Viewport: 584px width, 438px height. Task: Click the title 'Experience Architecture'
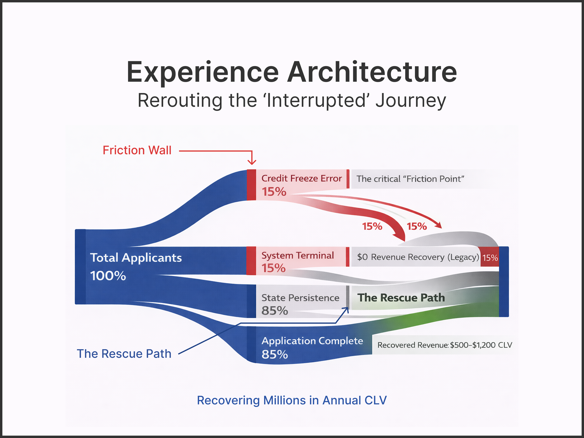pyautogui.click(x=292, y=72)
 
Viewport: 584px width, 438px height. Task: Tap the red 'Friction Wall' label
pyautogui.click(x=137, y=150)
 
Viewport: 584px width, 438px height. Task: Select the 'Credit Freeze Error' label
pyautogui.click(x=301, y=179)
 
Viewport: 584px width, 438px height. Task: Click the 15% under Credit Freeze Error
pyautogui.click(x=274, y=192)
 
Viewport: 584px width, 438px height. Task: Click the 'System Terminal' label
pyautogui.click(x=297, y=255)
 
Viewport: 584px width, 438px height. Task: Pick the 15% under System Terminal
pyautogui.click(x=273, y=268)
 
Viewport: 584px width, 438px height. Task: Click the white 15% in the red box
pyautogui.click(x=490, y=258)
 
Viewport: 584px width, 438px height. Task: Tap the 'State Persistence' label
pyautogui.click(x=300, y=298)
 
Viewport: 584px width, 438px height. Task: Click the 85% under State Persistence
pyautogui.click(x=275, y=311)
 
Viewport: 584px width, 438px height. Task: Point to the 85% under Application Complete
pyautogui.click(x=275, y=354)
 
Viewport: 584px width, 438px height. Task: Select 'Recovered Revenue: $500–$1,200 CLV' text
pyautogui.click(x=445, y=345)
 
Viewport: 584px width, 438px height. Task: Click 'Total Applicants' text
pyautogui.click(x=136, y=258)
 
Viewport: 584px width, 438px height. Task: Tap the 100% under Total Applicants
pyautogui.click(x=108, y=276)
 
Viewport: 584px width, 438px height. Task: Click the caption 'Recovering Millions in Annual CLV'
pyautogui.click(x=292, y=400)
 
